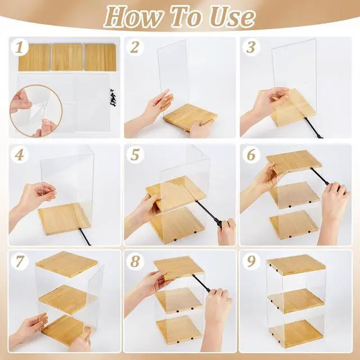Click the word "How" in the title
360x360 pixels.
(133, 17)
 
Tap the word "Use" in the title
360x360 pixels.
(232, 17)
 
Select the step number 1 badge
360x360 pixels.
(20, 48)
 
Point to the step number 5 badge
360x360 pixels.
(135, 155)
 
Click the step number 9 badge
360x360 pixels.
(251, 261)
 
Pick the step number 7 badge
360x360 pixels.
(20, 261)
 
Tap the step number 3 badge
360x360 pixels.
(251, 48)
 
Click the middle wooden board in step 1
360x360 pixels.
(67, 57)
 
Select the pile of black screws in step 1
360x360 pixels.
(113, 97)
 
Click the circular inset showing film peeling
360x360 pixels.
(36, 111)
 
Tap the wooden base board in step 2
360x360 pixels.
(190, 118)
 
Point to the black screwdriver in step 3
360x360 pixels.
(313, 128)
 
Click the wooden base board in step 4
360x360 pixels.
(64, 219)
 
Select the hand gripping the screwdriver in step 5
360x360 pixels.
(226, 231)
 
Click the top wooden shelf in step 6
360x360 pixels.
(294, 161)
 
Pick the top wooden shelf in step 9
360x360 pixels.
(296, 264)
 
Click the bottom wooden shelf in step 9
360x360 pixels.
(296, 334)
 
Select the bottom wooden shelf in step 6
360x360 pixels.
(294, 224)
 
